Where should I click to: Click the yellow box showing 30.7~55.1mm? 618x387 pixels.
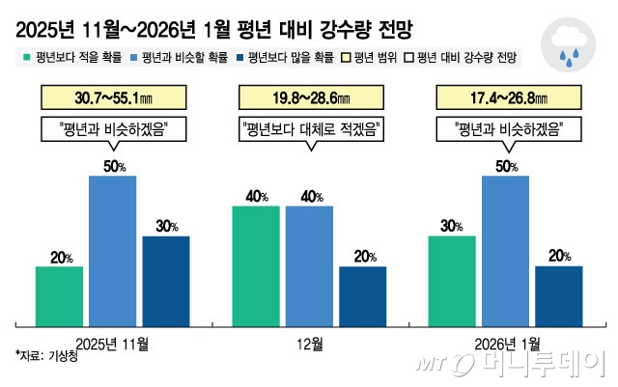tap(113, 97)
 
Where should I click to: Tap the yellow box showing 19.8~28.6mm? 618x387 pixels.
tap(309, 97)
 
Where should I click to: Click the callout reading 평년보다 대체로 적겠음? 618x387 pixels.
tap(309, 126)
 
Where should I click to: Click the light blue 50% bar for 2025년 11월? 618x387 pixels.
tap(113, 250)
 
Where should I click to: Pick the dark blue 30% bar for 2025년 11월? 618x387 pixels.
tap(166, 280)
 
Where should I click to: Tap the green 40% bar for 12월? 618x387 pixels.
tap(255, 264)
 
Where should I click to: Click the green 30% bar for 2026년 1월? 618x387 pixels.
tap(452, 280)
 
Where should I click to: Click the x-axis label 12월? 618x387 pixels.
tap(309, 341)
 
